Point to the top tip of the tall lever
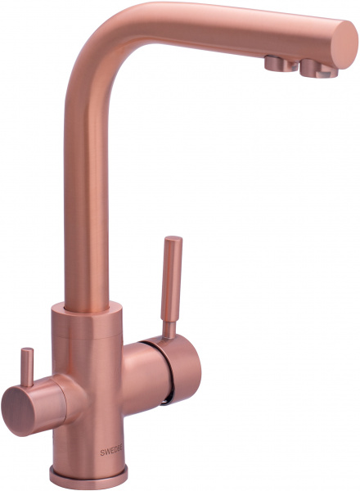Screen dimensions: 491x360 coord(173,241)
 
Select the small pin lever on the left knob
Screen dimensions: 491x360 coord(26,368)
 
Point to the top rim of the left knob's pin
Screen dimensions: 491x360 coord(26,351)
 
